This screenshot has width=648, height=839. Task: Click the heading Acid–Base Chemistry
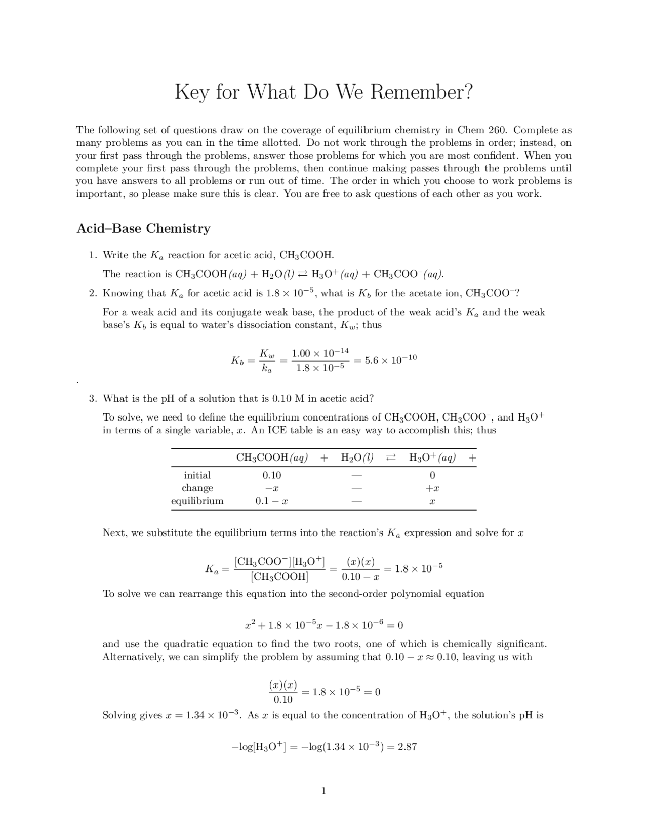pos(143,228)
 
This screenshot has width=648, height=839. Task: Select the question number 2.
pos(93,293)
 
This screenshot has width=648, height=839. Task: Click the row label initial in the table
pos(197,475)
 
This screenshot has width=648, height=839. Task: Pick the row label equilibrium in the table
pos(197,501)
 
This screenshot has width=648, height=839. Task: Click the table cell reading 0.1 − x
pos(271,501)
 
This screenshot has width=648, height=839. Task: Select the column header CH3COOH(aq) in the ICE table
pos(272,458)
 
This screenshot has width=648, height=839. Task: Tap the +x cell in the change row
pos(432,488)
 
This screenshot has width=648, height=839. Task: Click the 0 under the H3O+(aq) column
pos(432,475)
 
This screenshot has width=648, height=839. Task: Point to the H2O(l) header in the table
pos(357,458)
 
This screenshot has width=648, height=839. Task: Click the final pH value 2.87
pos(407,747)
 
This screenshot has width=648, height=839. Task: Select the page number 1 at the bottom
pos(323,791)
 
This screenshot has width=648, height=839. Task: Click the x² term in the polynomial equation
pos(249,625)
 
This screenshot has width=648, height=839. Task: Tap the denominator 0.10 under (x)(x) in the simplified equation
pos(282,700)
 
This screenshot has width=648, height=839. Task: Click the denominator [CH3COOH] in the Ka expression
pos(279,577)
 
